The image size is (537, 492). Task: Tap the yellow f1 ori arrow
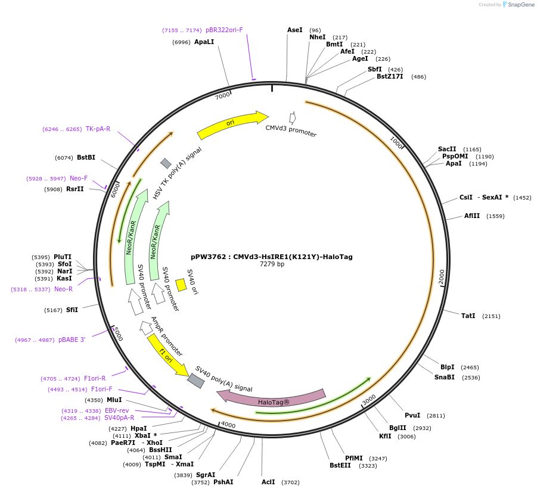click(167, 355)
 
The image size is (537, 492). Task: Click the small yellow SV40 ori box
click(181, 285)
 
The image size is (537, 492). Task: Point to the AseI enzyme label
click(295, 30)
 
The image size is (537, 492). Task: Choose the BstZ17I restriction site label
click(390, 76)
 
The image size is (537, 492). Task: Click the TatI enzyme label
click(468, 316)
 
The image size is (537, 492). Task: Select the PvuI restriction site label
click(412, 415)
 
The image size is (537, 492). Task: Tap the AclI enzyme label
click(268, 482)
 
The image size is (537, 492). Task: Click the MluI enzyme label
click(114, 400)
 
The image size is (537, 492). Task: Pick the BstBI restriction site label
click(86, 157)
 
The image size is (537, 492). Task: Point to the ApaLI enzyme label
click(204, 42)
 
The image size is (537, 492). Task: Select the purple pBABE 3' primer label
click(72, 340)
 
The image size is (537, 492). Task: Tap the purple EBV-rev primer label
click(117, 410)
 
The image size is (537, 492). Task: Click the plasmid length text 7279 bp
click(272, 264)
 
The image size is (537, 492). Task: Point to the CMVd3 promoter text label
click(291, 130)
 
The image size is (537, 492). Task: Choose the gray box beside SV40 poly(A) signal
click(195, 381)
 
